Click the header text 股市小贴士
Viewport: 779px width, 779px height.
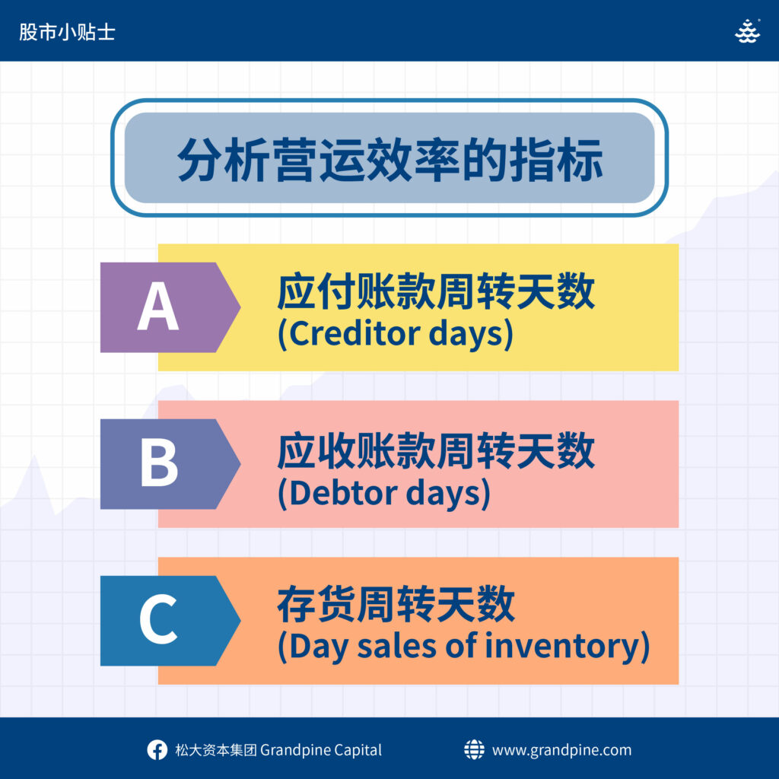pyautogui.click(x=67, y=32)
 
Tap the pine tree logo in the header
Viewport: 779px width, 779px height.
pyautogui.click(x=747, y=31)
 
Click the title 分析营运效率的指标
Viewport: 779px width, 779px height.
pyautogui.click(x=390, y=159)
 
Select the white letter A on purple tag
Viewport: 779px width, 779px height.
pyautogui.click(x=158, y=306)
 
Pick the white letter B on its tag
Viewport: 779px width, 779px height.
pyautogui.click(x=159, y=463)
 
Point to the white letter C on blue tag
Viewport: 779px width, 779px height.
pyautogui.click(x=158, y=619)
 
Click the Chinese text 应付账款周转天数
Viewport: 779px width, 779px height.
pyautogui.click(x=436, y=291)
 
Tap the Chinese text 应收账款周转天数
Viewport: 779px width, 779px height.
pyautogui.click(x=436, y=450)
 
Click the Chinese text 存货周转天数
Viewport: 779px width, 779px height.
pyautogui.click(x=396, y=604)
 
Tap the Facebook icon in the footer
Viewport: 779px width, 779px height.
pyautogui.click(x=157, y=749)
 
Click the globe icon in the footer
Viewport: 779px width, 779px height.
pyautogui.click(x=474, y=749)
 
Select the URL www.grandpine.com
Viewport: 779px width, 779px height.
pyautogui.click(x=562, y=750)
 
